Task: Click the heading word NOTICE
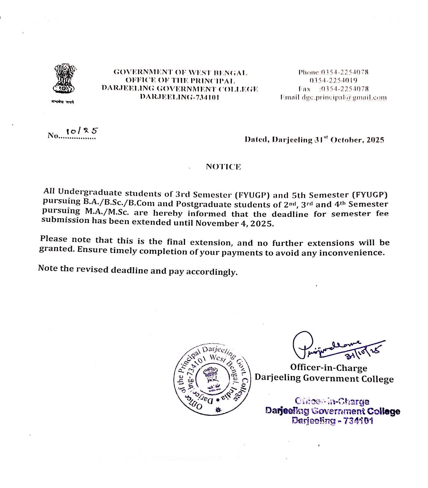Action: pyautogui.click(x=223, y=167)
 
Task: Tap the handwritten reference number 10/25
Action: pyautogui.click(x=82, y=131)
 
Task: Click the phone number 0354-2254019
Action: pyautogui.click(x=333, y=81)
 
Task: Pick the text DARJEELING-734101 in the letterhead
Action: pyautogui.click(x=179, y=97)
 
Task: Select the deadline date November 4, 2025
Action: pyautogui.click(x=234, y=223)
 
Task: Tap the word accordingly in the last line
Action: pyautogui.click(x=212, y=272)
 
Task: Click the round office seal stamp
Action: pyautogui.click(x=212, y=379)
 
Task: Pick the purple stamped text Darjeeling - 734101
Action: pyautogui.click(x=332, y=421)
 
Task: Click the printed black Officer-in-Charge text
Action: pyautogui.click(x=329, y=368)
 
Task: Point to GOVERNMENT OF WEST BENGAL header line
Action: pyautogui.click(x=181, y=73)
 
